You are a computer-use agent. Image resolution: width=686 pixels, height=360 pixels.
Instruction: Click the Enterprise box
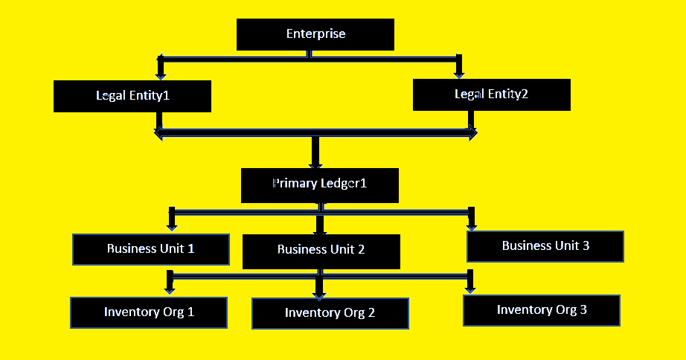tap(315, 34)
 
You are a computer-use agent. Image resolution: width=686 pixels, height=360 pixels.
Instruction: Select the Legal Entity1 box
tap(132, 96)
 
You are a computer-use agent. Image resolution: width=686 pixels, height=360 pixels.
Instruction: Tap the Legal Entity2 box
tap(491, 94)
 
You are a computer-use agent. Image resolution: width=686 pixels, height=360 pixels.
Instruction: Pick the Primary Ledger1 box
tap(319, 184)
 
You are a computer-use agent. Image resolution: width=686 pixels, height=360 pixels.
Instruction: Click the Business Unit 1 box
tap(150, 249)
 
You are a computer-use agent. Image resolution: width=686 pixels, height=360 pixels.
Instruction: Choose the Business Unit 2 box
tap(321, 251)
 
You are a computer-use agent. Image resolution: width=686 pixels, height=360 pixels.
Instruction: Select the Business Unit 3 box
tap(545, 246)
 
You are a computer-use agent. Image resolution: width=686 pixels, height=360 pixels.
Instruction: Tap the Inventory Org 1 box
tap(149, 312)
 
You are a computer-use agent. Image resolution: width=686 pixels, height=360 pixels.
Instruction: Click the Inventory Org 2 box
tap(330, 313)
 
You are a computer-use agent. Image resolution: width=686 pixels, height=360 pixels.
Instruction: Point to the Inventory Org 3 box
tap(541, 310)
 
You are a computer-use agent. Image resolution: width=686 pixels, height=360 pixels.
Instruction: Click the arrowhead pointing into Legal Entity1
tap(160, 74)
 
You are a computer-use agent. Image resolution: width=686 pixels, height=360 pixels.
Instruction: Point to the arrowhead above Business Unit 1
tap(172, 226)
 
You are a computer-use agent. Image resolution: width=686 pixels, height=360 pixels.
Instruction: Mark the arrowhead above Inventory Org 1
tap(170, 289)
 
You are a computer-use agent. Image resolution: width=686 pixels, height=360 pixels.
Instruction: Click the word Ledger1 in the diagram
tap(343, 183)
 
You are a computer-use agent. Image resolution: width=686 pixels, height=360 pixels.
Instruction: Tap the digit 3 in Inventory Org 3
tap(583, 310)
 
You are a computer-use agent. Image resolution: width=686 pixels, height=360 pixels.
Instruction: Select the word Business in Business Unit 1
tap(132, 249)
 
